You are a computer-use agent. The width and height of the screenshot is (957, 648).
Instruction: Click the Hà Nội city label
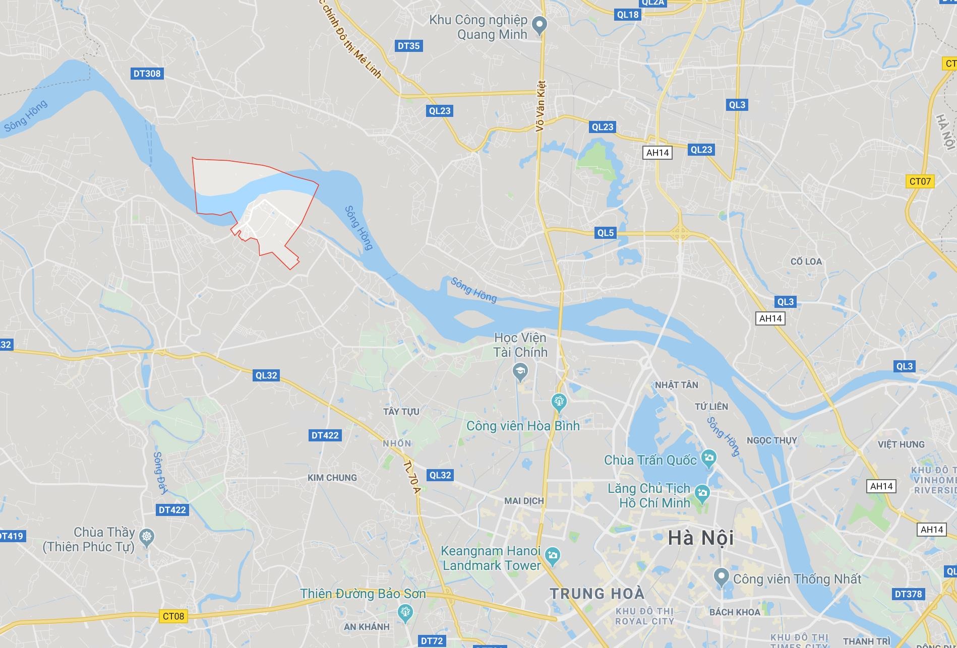coord(700,538)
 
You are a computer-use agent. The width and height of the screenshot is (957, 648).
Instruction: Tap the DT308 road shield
coord(147,74)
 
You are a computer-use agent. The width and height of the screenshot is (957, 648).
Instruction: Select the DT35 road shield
coord(408,46)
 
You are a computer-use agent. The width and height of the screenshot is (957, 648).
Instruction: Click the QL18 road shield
coord(628,15)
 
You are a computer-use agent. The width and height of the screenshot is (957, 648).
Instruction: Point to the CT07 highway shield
coord(920,181)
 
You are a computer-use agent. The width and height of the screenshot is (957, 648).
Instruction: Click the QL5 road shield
coord(606,233)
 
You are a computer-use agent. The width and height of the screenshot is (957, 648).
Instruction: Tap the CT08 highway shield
coord(173,616)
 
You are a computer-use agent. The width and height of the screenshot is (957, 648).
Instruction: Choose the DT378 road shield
coord(908,594)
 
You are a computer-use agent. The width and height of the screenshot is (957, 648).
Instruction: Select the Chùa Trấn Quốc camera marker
coord(709,459)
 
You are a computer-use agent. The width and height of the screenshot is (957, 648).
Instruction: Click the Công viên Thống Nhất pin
coord(722,576)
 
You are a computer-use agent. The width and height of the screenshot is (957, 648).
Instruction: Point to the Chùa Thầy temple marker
coord(147,537)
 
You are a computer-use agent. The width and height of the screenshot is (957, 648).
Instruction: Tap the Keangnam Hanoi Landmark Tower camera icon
coord(553,556)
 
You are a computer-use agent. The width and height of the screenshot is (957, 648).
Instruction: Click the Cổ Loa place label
coord(806,262)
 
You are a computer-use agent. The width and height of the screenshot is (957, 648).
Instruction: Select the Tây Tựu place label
coord(401,412)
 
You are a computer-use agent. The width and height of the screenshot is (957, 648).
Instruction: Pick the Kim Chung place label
coord(332,478)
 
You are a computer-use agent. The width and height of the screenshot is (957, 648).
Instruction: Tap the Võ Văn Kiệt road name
coord(541,106)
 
